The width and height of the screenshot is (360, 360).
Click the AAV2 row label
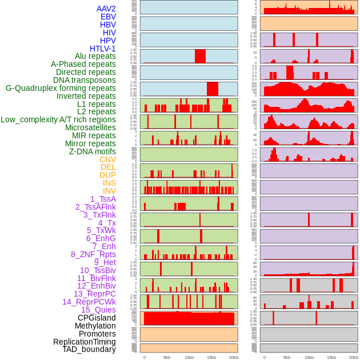point(106,9)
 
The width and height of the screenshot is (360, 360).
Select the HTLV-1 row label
point(103,49)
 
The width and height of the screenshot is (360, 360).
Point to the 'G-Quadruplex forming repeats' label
point(61,88)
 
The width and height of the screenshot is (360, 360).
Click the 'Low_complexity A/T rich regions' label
point(58,119)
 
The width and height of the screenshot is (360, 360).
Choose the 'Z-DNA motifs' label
point(92,151)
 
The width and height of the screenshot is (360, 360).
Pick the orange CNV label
point(107,159)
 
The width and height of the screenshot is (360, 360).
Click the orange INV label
point(109,191)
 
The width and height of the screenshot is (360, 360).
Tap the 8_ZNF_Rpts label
point(93,254)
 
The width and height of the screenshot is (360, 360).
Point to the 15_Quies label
point(98,310)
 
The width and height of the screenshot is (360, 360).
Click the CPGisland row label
point(97,318)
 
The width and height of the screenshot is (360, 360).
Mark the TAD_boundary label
point(89,349)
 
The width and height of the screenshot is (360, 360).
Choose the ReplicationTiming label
point(85,342)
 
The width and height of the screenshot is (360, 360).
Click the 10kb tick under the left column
point(189,357)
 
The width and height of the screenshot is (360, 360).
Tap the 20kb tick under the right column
point(354,357)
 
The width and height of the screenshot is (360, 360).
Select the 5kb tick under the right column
point(287,357)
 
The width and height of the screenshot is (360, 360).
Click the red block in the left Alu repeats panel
point(200,56)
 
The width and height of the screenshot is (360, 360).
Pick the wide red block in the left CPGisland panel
point(189,318)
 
